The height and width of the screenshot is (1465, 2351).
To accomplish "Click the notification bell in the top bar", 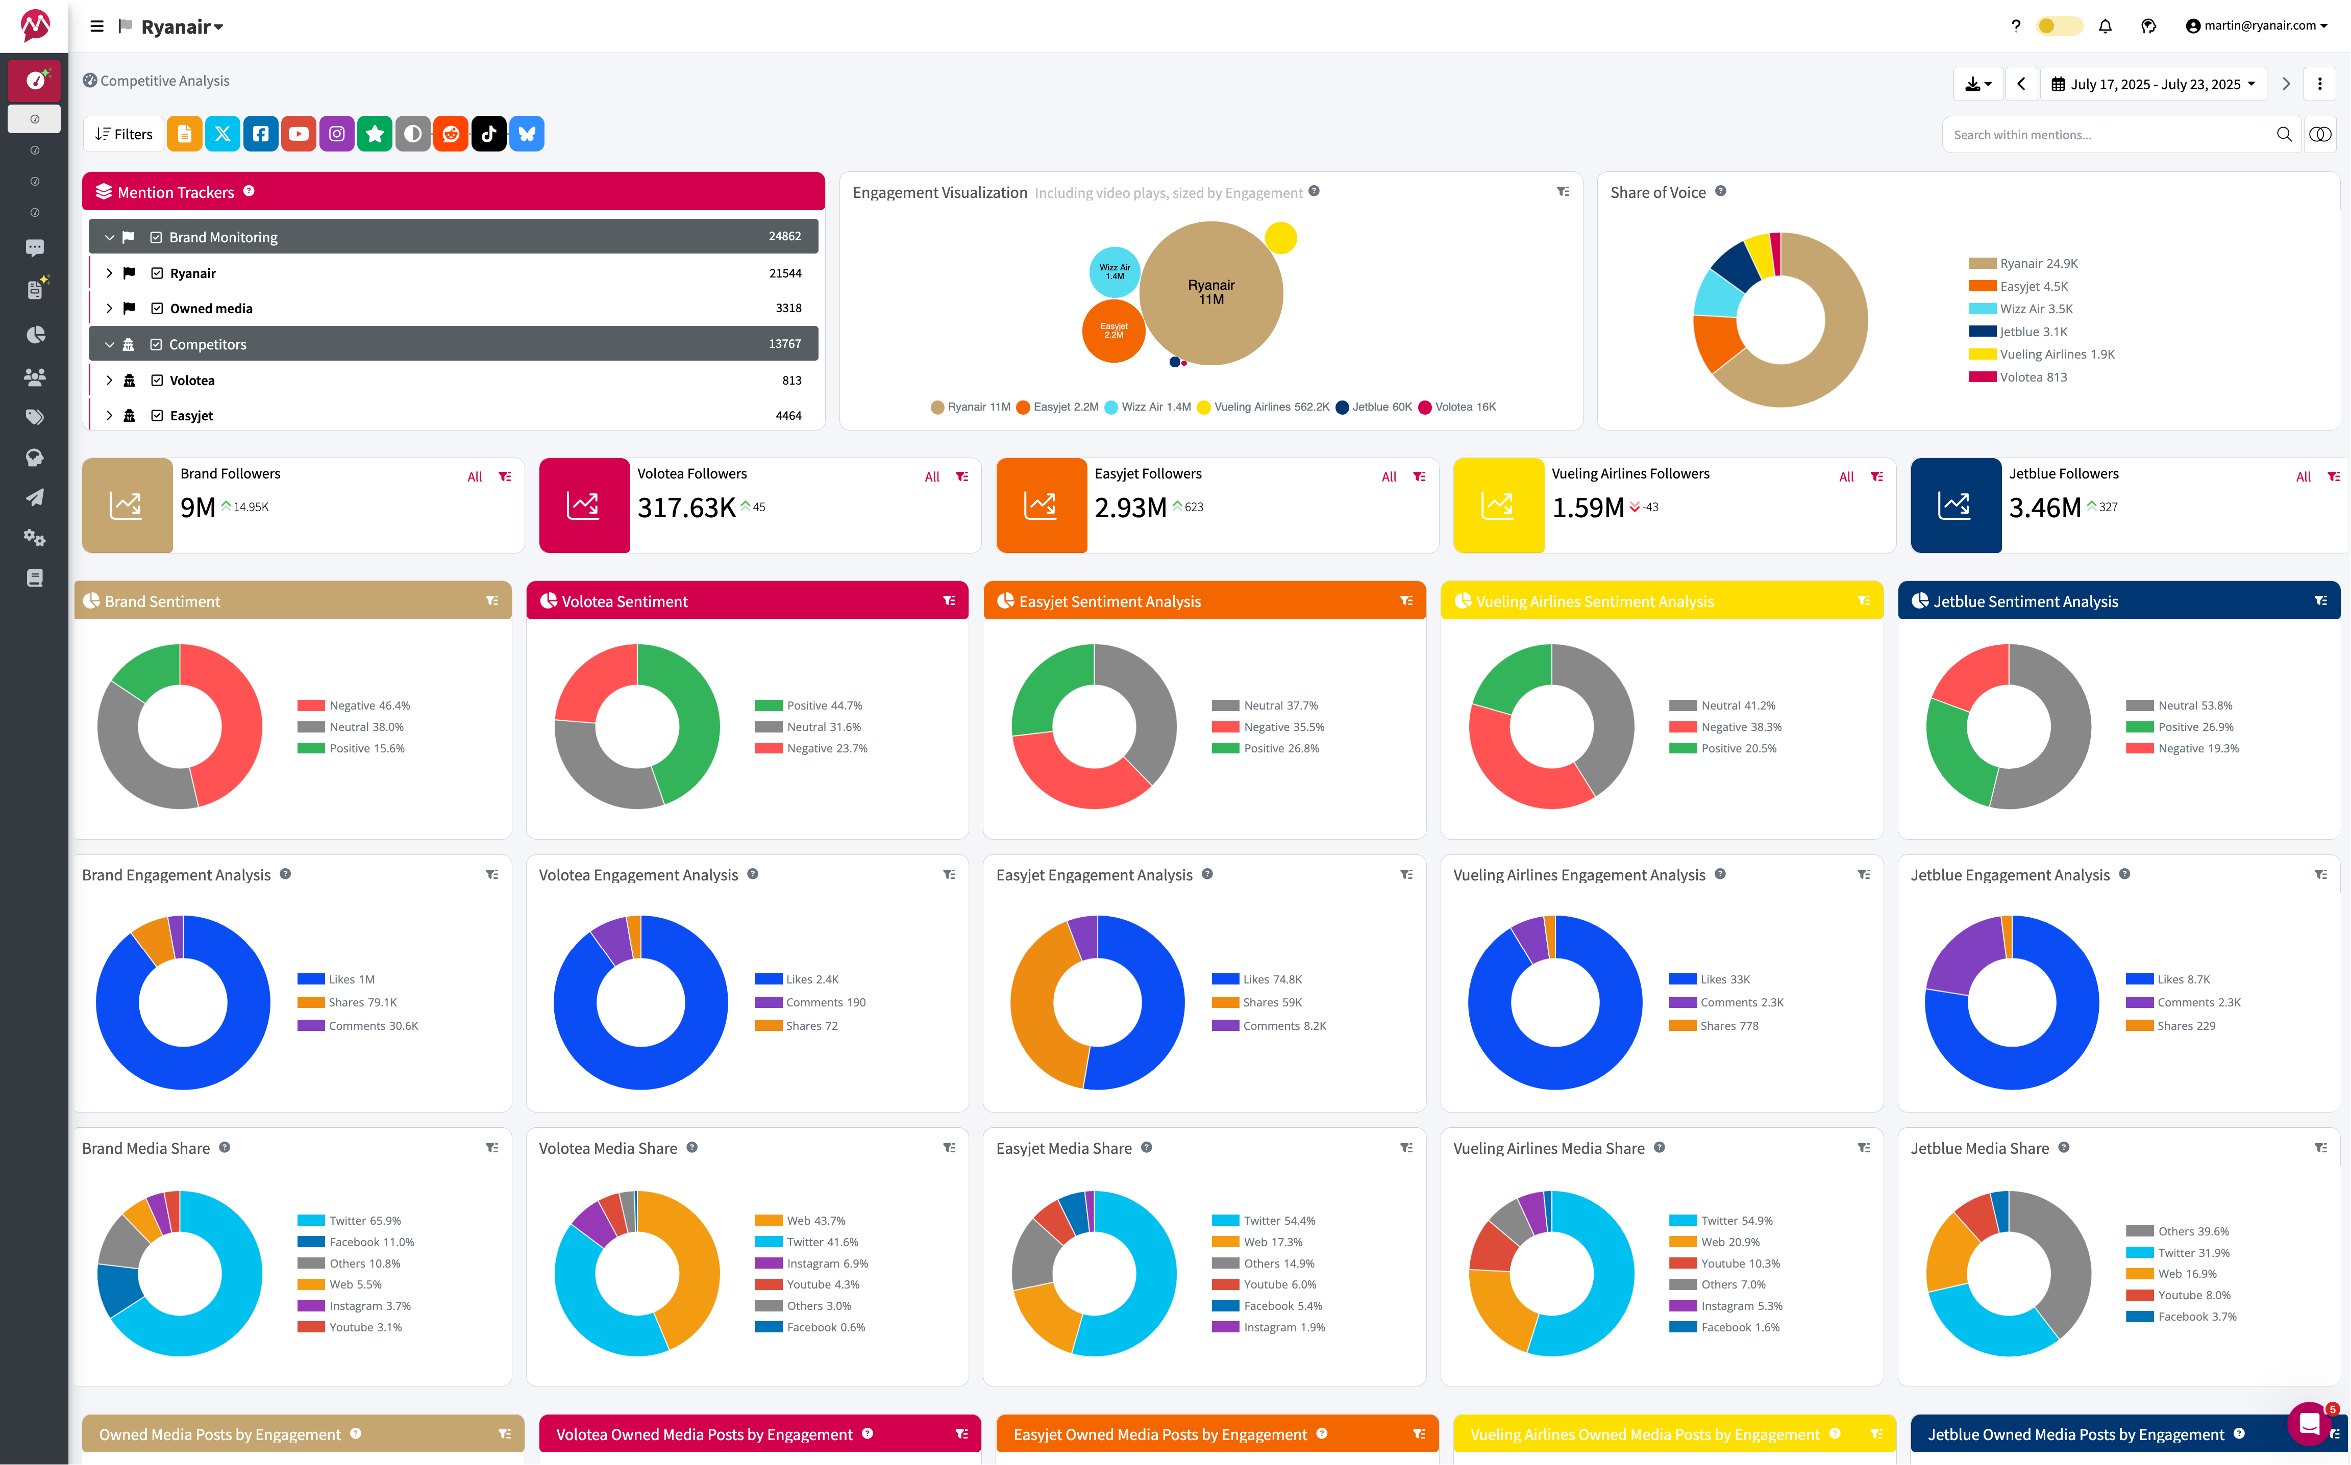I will tap(2105, 26).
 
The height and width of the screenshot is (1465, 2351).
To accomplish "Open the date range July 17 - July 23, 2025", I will tap(2154, 84).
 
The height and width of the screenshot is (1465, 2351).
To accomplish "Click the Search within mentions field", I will tap(2108, 135).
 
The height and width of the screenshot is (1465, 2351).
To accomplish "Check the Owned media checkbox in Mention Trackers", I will tap(157, 308).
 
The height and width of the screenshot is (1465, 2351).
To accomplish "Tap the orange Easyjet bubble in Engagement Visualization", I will tap(1113, 332).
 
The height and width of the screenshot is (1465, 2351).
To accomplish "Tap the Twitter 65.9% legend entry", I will tap(364, 1221).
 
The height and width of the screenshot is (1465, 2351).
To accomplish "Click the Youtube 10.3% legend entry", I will tap(1740, 1264).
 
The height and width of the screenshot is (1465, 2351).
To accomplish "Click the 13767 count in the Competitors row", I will tap(784, 344).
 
